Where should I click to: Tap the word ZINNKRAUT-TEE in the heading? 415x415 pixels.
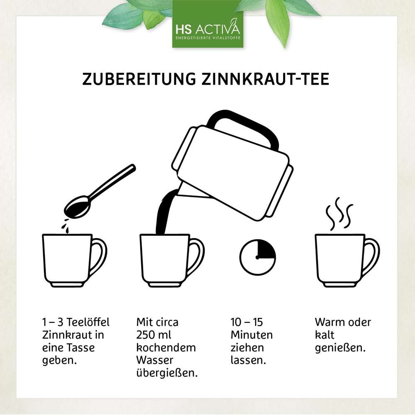pos(265,79)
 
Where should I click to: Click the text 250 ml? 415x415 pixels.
pos(154,335)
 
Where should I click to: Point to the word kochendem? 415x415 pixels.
pos(166,347)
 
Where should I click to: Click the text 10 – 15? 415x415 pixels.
pos(247,322)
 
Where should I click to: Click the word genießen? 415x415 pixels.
pos(340,348)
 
